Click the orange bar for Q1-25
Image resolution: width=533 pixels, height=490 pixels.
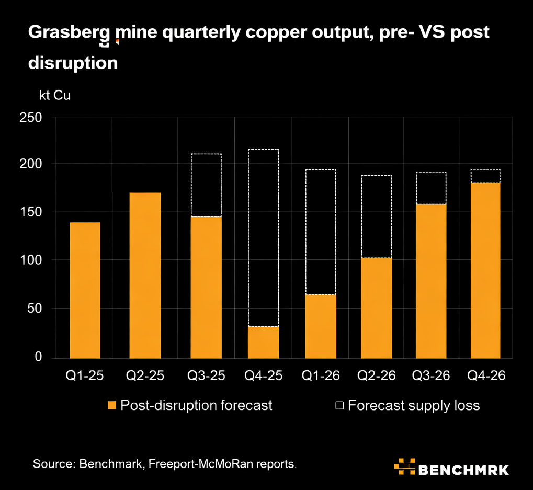pyautogui.click(x=85, y=290)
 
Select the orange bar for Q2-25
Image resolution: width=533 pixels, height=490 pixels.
pyautogui.click(x=145, y=275)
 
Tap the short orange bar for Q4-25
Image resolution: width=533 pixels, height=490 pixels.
pyautogui.click(x=263, y=342)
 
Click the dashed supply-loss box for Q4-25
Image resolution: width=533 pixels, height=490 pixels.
pyautogui.click(x=263, y=238)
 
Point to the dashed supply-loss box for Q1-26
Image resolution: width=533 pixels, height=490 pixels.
pyautogui.click(x=321, y=232)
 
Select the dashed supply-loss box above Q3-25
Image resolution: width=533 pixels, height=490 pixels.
pyautogui.click(x=206, y=185)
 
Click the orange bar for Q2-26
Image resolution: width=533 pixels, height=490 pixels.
pyautogui.click(x=376, y=307)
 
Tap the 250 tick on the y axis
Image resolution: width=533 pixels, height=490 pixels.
pyautogui.click(x=30, y=118)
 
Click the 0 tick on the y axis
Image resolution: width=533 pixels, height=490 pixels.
pyautogui.click(x=38, y=357)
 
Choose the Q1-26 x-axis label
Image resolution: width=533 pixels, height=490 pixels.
pyautogui.click(x=321, y=376)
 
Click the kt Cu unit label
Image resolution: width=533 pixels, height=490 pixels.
pyautogui.click(x=54, y=95)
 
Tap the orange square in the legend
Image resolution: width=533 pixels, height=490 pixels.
pyautogui.click(x=111, y=405)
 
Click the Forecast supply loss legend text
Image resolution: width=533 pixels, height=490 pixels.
pyautogui.click(x=413, y=405)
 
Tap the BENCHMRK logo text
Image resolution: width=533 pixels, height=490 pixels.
pyautogui.click(x=463, y=469)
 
